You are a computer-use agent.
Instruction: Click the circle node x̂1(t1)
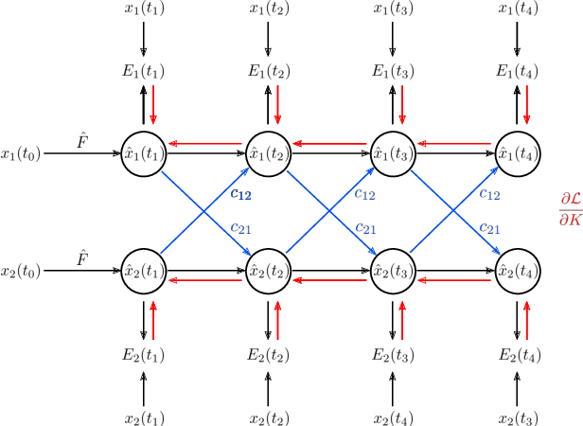143,151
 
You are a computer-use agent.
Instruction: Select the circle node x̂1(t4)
517,151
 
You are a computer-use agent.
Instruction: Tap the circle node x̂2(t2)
267,270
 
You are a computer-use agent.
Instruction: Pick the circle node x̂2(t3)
392,270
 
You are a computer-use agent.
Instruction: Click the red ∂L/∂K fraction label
570,209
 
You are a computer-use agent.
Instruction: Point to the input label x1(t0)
21,152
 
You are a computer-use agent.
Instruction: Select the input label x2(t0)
21,271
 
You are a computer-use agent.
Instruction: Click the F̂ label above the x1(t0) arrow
82,140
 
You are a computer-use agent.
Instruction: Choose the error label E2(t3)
392,355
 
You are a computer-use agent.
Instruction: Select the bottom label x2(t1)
143,417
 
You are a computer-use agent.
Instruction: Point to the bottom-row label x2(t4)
392,417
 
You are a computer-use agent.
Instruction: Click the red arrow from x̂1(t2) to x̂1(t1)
204,144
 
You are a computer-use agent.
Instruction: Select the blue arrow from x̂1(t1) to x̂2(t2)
204,210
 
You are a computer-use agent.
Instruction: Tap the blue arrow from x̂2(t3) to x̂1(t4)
454,210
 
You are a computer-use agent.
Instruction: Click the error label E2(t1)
143,355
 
